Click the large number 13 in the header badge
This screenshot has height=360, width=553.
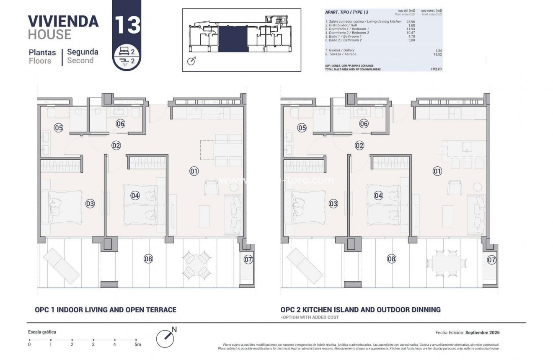pos(127,25)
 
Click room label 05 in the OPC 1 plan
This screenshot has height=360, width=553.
pos(58,128)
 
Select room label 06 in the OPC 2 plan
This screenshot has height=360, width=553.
pos(364,124)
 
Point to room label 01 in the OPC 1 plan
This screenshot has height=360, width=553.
pos(194,171)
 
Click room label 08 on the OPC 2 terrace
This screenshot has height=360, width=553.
pos(391,259)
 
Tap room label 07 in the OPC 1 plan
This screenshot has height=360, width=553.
pos(248,259)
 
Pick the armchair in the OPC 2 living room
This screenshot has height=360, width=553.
pos(454,187)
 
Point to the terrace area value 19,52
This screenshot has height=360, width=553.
pos(437,54)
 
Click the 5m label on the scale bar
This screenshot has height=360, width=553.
pos(137,344)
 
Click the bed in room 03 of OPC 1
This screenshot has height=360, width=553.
pos(62,205)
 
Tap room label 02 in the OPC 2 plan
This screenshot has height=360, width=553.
pos(359,145)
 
